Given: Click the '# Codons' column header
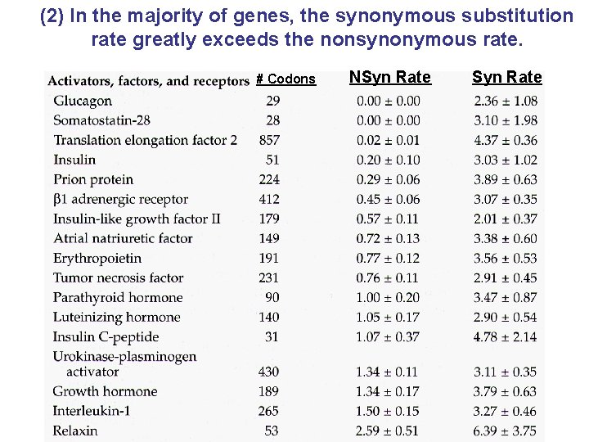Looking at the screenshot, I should (286, 79).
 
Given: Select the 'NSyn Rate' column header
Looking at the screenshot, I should (389, 78).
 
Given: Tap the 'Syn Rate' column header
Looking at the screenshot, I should (506, 78).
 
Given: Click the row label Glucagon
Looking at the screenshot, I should (83, 101).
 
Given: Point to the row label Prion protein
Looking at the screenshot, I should (93, 179).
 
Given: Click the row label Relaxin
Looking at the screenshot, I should (75, 431).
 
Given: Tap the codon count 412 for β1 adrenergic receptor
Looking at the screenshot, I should (268, 199).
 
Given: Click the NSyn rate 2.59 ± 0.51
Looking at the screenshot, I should (388, 431).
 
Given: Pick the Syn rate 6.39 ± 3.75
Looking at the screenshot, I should (505, 431).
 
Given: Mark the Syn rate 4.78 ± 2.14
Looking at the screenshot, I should (505, 336).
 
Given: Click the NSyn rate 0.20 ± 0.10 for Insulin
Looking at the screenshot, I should (388, 160).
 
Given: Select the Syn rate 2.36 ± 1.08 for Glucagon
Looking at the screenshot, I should (505, 101).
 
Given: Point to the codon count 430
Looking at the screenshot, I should (268, 372).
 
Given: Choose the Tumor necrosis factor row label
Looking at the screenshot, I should (118, 277).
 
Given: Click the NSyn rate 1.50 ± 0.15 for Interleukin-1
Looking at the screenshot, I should (388, 411).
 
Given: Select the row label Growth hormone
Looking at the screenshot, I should (105, 391).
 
